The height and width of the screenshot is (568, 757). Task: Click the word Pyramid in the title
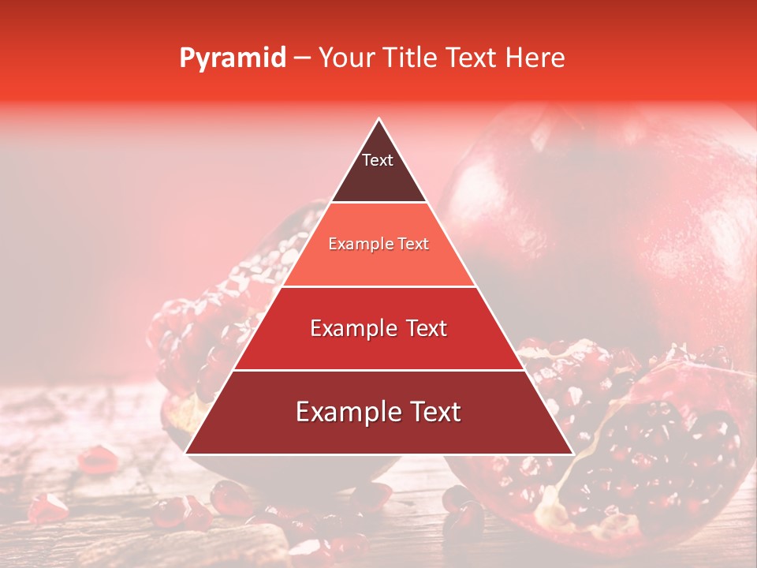click(232, 58)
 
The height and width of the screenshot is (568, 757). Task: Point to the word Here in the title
click(535, 58)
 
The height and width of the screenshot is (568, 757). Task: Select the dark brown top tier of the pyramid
click(378, 177)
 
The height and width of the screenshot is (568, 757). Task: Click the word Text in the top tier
click(378, 160)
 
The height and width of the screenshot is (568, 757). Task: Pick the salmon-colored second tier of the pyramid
click(378, 264)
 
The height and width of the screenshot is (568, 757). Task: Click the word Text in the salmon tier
click(412, 245)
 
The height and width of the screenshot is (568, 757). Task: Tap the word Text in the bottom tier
click(433, 412)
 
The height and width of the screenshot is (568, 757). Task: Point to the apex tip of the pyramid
click(379, 120)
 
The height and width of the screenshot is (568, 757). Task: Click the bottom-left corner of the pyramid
click(187, 453)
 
